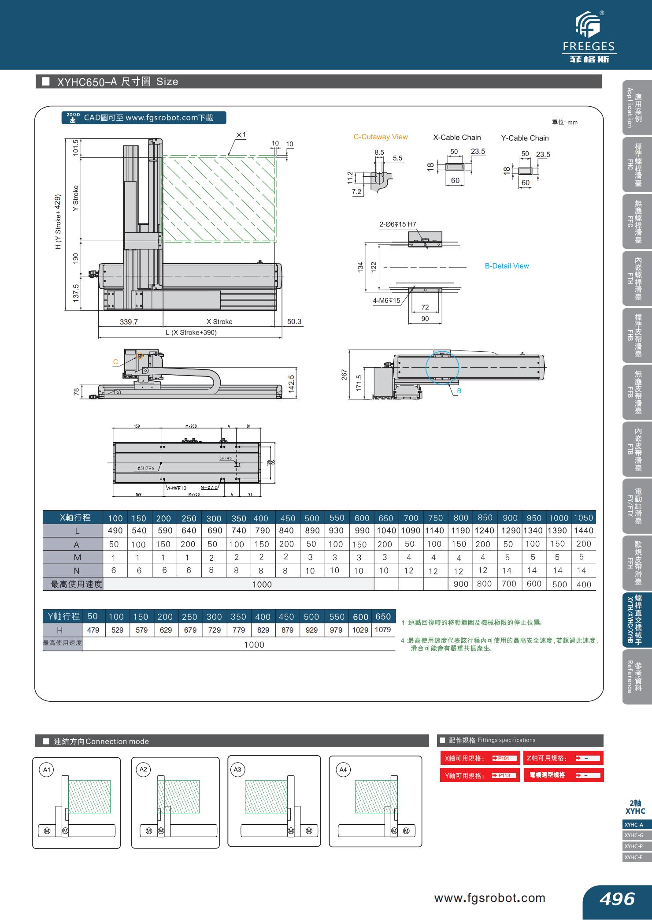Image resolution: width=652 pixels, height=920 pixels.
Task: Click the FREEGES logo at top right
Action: pyautogui.click(x=589, y=37)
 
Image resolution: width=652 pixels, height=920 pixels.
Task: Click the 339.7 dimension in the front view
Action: pyautogui.click(x=129, y=322)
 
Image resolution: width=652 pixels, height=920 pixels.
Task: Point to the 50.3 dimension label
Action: pyautogui.click(x=294, y=321)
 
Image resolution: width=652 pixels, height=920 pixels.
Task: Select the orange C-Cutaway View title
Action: pyautogui.click(x=381, y=137)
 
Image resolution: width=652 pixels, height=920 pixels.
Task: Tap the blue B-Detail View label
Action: pyautogui.click(x=507, y=266)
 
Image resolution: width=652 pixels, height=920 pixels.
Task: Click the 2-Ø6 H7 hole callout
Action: pyautogui.click(x=397, y=224)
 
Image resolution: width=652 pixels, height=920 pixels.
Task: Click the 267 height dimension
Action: pyautogui.click(x=345, y=375)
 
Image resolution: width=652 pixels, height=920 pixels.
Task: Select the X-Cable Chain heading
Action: pyautogui.click(x=457, y=138)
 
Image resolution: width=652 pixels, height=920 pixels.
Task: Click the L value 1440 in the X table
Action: pyautogui.click(x=584, y=531)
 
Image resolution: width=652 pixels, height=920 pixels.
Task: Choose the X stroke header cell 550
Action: pyautogui.click(x=337, y=518)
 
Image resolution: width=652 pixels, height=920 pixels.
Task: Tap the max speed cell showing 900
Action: pyautogui.click(x=461, y=584)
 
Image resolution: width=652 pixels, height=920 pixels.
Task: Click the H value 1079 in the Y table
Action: pyautogui.click(x=382, y=630)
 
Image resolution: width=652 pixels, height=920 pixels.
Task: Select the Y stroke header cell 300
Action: pyautogui.click(x=214, y=617)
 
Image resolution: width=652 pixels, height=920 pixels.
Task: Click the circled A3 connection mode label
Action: pyautogui.click(x=237, y=770)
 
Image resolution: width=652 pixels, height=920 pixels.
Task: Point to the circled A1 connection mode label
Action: pyautogui.click(x=46, y=770)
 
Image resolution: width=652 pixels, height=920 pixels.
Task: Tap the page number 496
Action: pyautogui.click(x=617, y=898)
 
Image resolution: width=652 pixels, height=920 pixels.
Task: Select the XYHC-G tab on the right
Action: pyautogui.click(x=634, y=835)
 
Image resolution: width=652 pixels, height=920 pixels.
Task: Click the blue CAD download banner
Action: pyautogui.click(x=144, y=118)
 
